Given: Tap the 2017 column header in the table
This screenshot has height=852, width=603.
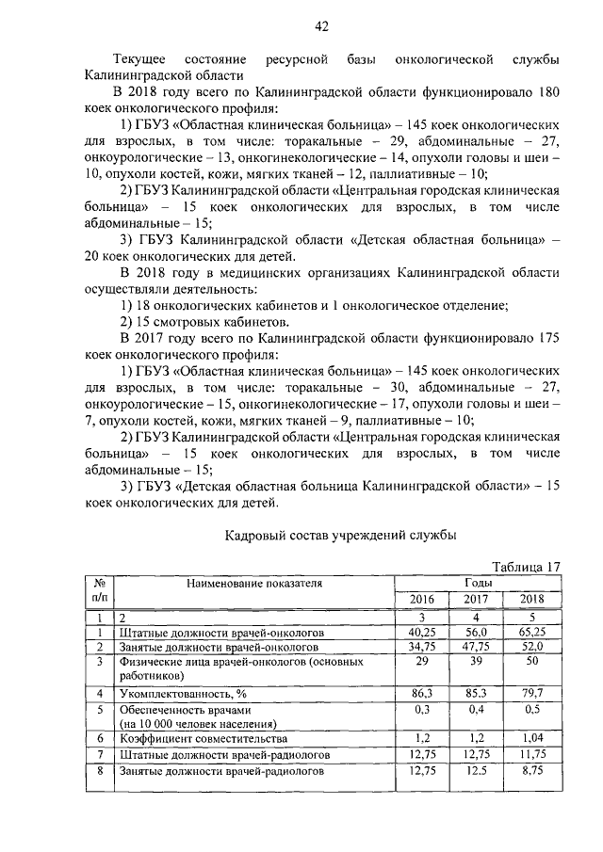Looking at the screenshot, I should tap(476, 600).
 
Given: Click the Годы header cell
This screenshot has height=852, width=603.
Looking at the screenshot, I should tap(477, 583).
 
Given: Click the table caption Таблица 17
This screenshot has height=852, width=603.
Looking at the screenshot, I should tap(528, 566).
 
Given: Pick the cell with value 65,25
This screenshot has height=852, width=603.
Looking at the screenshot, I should tap(532, 633).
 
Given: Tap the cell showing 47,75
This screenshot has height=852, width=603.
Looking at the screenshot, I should tap(476, 648).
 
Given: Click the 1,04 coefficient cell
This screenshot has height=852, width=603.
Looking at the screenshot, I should tap(532, 739).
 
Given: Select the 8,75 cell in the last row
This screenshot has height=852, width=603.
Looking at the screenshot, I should tap(532, 771).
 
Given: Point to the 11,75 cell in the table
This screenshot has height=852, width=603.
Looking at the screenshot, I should tap(532, 755).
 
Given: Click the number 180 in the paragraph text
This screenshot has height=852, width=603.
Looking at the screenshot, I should tap(549, 92).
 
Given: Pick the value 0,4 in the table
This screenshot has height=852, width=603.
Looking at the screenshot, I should tap(476, 708).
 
